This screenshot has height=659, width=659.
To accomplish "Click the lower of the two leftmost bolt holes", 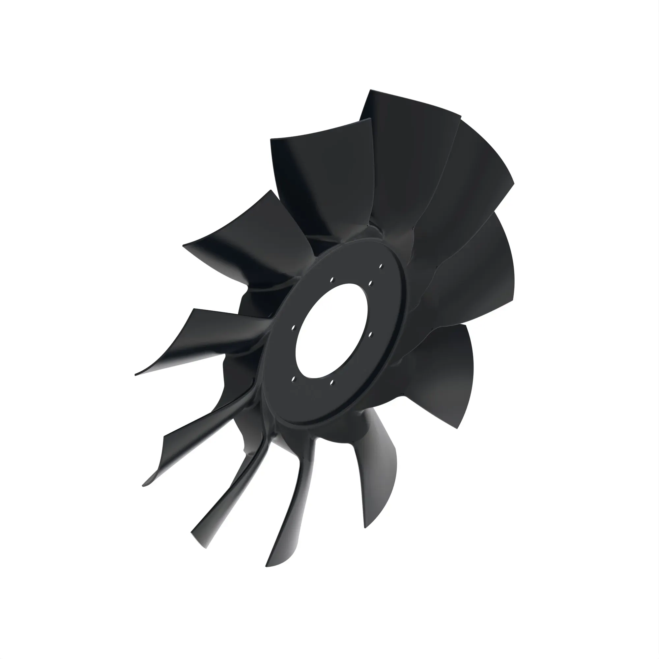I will click(x=294, y=378).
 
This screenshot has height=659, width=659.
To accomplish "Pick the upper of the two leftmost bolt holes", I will click(x=293, y=328).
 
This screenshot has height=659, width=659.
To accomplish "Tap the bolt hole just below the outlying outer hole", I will click(x=370, y=283).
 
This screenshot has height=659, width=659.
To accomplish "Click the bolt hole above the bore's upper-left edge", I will click(x=331, y=280).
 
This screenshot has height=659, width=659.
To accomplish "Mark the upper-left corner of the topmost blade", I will click(x=371, y=91).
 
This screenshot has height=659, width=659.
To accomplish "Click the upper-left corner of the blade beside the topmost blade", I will click(x=272, y=140).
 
